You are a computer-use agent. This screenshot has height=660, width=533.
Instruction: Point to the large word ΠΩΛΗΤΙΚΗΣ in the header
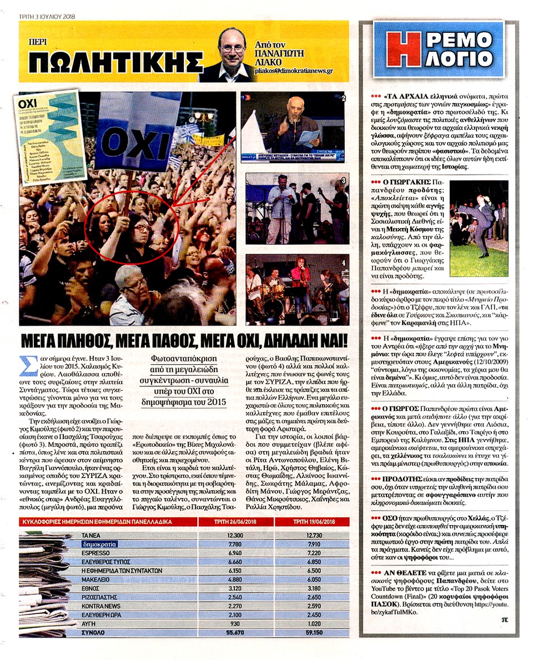pyautogui.click(x=115, y=62)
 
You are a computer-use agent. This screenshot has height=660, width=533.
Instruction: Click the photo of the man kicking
pyautogui.click(x=479, y=229)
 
